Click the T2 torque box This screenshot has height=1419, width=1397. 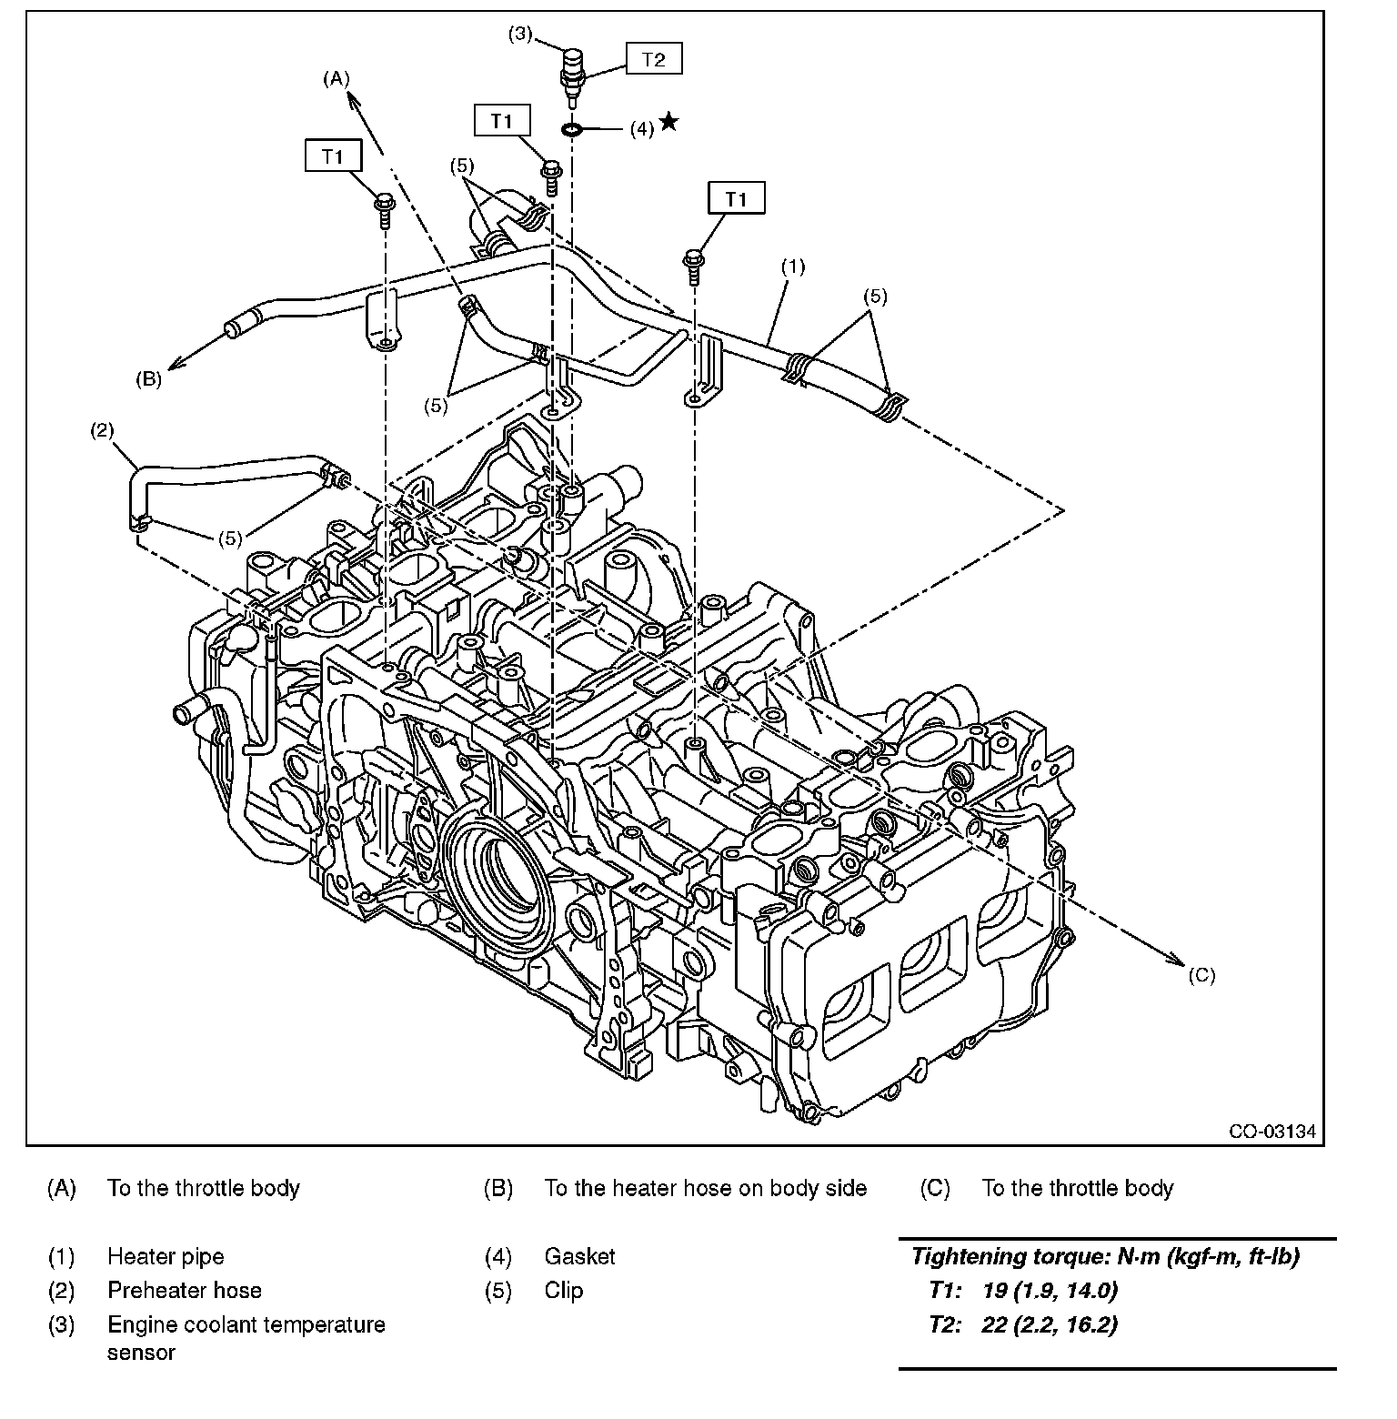click(653, 60)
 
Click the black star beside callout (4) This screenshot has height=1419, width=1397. click(668, 122)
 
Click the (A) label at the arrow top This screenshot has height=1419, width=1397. click(336, 79)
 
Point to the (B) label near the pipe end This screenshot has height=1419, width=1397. click(148, 379)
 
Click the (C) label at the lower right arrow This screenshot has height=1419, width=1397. click(1201, 975)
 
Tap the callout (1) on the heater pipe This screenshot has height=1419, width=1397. click(793, 267)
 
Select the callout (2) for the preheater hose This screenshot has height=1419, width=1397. click(101, 430)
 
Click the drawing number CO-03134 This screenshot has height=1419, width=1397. click(1271, 1132)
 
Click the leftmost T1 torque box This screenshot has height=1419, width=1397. click(333, 156)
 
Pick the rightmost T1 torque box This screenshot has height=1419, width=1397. click(736, 197)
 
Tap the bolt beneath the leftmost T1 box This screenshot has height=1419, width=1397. click(384, 206)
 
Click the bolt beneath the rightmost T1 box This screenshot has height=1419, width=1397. click(694, 265)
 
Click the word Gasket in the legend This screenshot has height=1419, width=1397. click(579, 1257)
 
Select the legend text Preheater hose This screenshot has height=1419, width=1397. click(184, 1291)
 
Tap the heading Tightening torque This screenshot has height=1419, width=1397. click(1105, 1257)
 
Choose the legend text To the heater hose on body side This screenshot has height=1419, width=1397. click(705, 1189)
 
